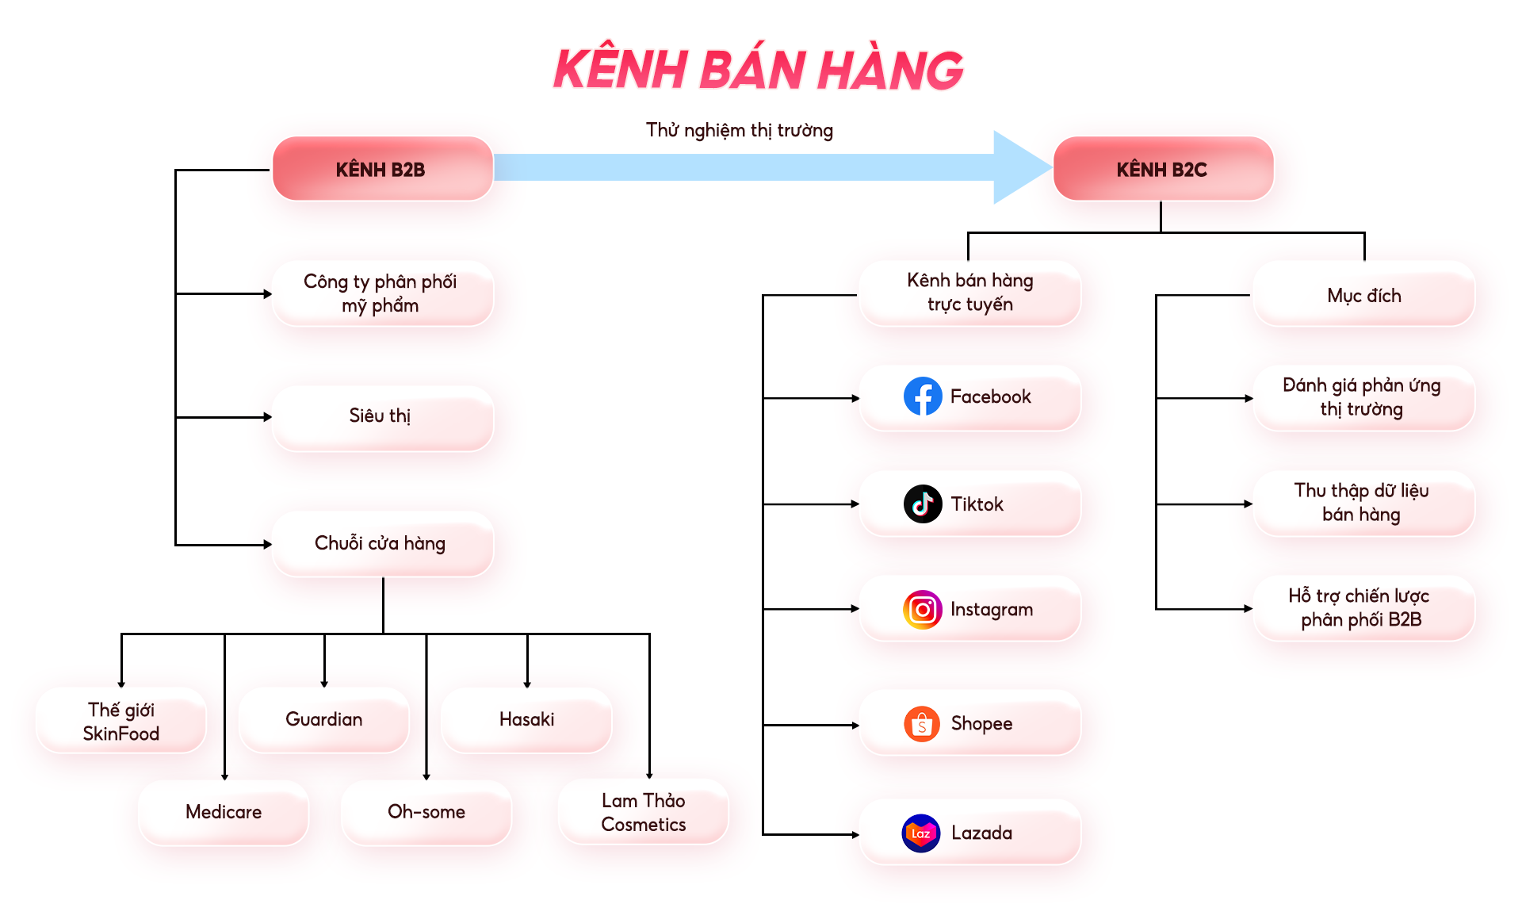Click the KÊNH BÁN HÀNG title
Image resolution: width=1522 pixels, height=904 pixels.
758,70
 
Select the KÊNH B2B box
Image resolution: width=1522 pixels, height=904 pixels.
382,169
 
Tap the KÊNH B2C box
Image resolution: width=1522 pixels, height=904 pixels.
1162,169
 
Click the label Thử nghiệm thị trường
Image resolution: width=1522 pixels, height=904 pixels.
739,130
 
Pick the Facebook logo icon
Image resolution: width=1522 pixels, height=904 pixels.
923,396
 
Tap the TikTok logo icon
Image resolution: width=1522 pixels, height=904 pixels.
923,504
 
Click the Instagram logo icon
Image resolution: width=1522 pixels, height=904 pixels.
923,609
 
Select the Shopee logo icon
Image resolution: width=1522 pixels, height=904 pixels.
922,724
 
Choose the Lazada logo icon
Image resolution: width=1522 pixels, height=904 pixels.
921,833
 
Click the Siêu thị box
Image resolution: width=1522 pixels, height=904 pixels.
382,417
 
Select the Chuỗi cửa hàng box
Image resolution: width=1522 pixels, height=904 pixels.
382,544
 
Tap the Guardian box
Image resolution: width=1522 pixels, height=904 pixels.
324,719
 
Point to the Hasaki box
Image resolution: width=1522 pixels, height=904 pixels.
526,719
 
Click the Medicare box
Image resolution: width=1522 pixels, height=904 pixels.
224,812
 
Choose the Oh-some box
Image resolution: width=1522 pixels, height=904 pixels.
426,812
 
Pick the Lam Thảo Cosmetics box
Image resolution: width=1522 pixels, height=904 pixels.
643,812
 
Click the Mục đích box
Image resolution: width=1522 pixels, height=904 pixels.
1363,295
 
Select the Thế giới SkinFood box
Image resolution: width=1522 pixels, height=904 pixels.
121,721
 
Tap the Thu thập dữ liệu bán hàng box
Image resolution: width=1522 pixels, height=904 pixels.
1362,503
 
